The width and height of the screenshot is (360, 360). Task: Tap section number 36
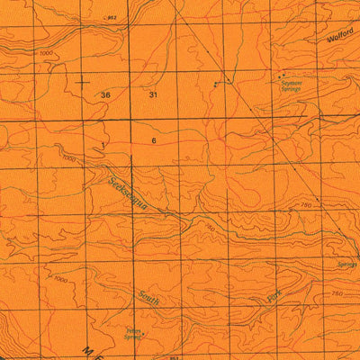click(x=106, y=94)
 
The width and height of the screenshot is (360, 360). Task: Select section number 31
click(x=153, y=94)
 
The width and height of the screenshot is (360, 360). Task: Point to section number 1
click(x=104, y=144)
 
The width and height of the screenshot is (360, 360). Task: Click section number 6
click(x=154, y=141)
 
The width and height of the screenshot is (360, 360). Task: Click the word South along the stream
click(x=149, y=298)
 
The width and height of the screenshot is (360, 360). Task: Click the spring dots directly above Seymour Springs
click(x=283, y=76)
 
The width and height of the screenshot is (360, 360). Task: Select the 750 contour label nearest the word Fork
click(x=337, y=294)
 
